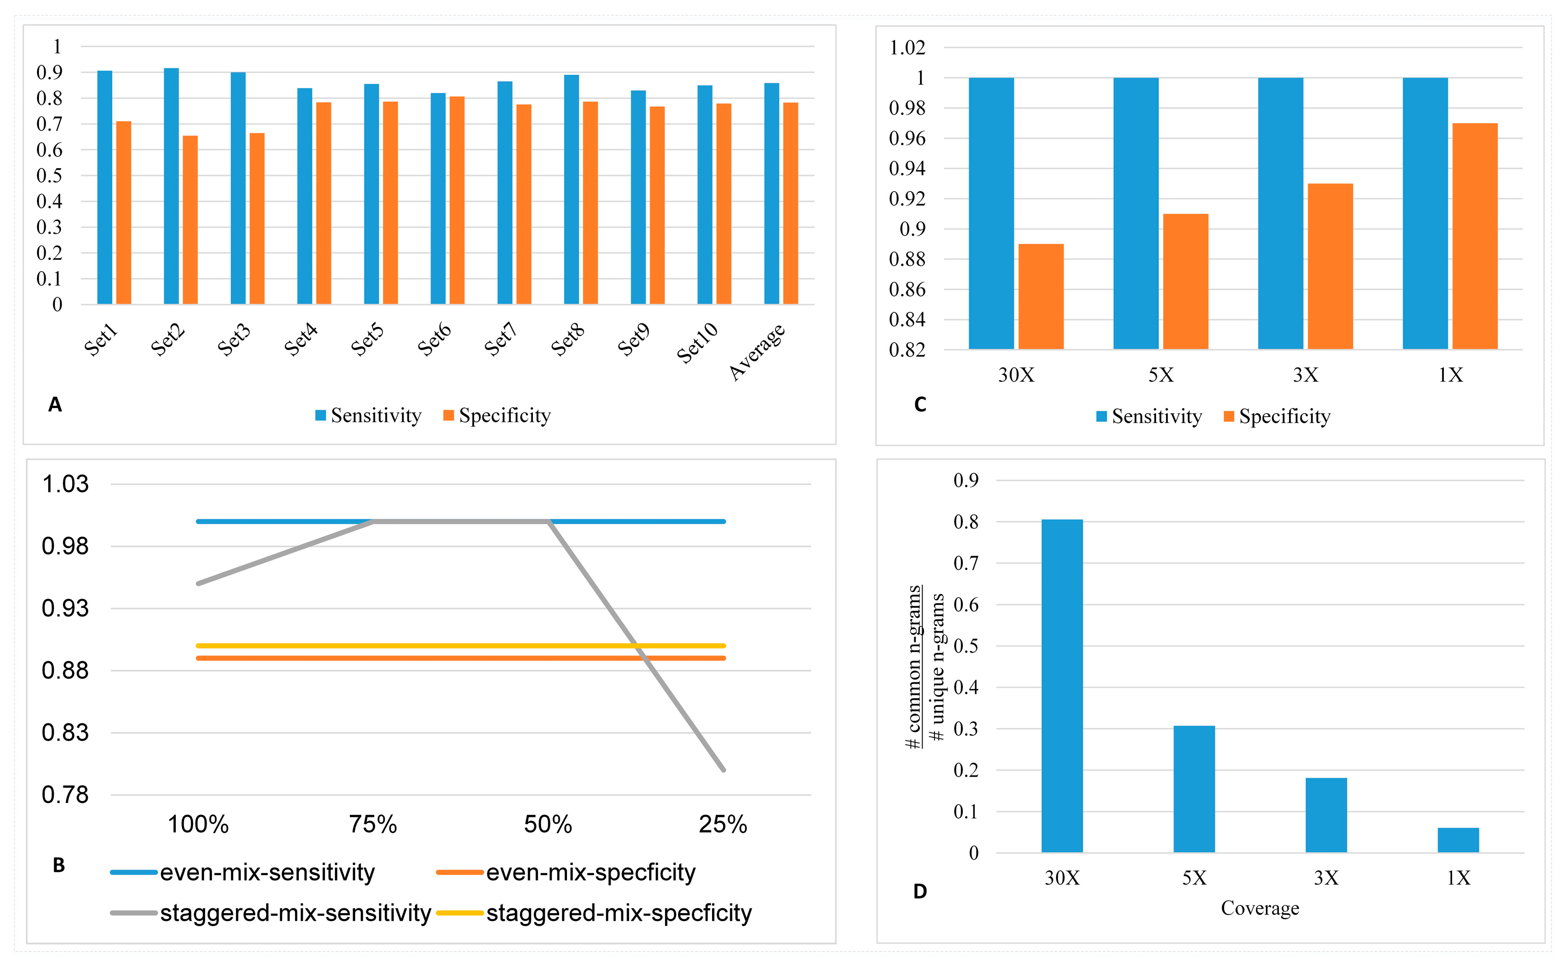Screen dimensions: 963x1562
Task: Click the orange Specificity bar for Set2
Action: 190,220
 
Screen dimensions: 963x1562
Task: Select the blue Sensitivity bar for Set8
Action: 571,189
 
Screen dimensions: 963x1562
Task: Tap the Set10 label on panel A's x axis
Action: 697,343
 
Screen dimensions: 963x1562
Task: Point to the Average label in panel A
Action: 756,352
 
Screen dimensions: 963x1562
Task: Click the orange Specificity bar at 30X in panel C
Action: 1041,296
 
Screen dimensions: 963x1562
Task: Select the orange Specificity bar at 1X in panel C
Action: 1474,235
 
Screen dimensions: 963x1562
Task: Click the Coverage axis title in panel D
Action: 1259,908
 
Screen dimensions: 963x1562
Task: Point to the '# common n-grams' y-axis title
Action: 914,666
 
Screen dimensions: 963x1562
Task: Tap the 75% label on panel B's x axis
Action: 372,825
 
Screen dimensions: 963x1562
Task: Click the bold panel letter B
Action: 59,865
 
